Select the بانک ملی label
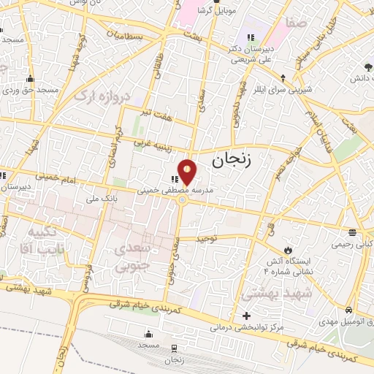(x=101, y=197)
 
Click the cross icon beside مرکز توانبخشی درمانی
(x=247, y=316)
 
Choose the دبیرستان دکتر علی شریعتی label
(x=249, y=52)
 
